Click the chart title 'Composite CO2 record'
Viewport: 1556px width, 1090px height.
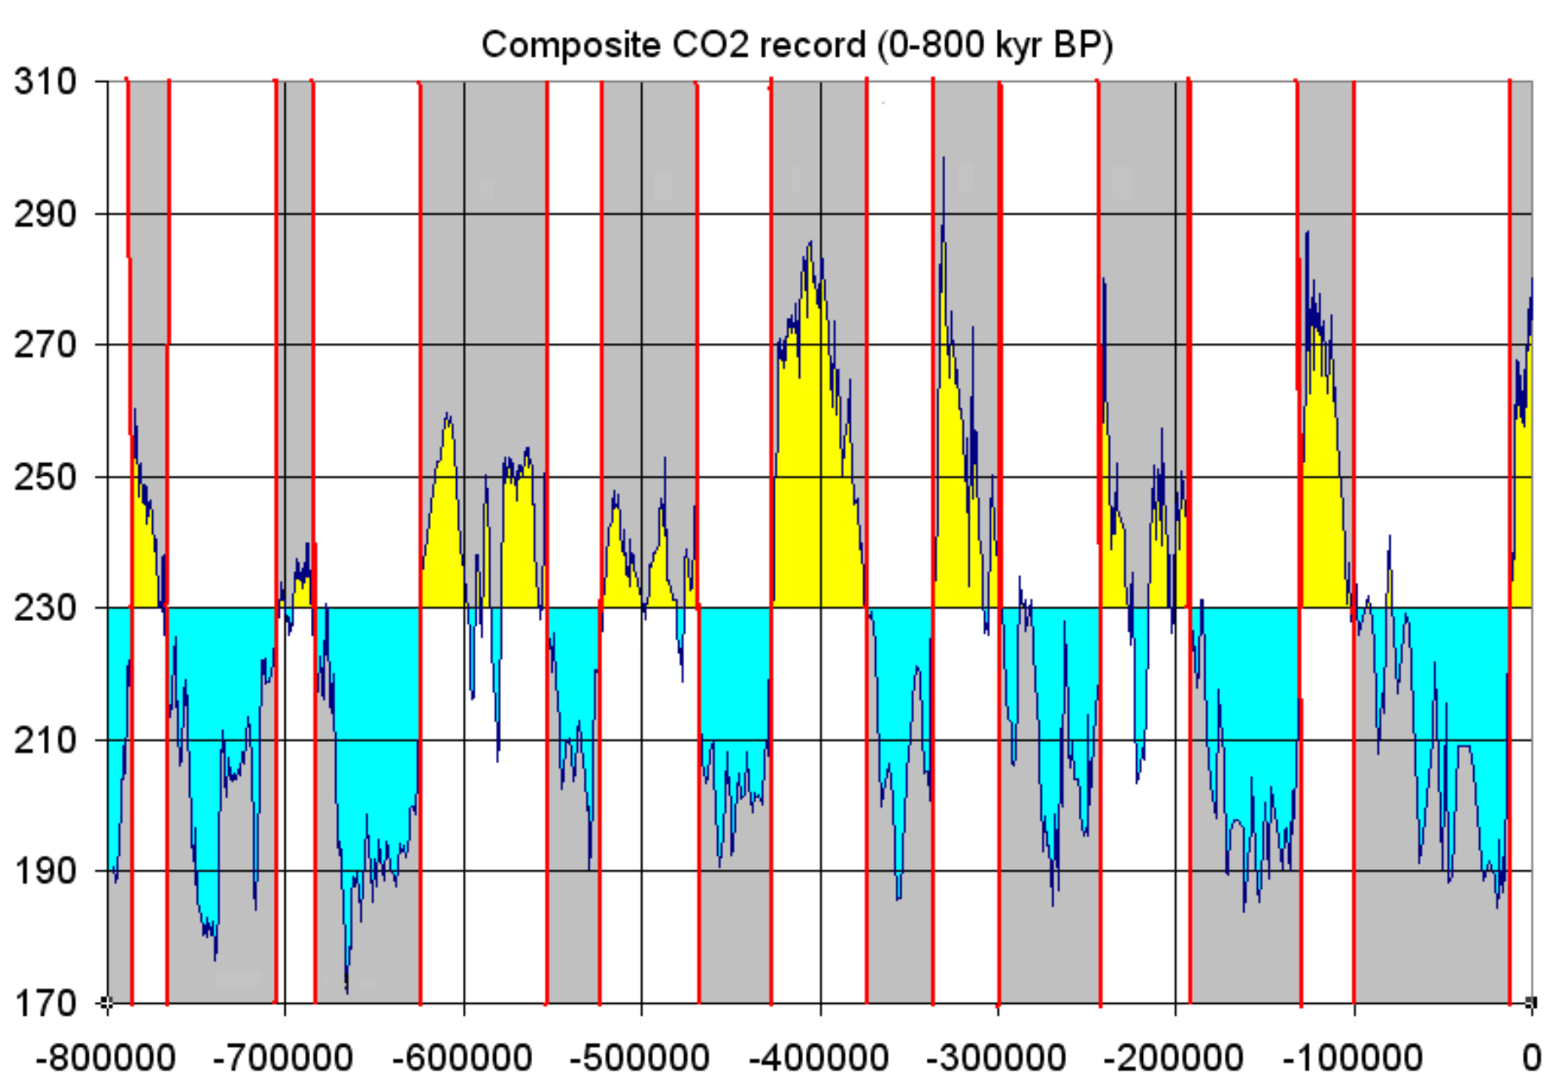coord(797,45)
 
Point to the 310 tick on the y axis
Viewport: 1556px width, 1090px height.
coord(46,82)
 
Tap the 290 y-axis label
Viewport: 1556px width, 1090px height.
coord(46,214)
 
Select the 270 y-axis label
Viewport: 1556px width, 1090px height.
coord(46,345)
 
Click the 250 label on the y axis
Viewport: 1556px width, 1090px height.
coord(46,477)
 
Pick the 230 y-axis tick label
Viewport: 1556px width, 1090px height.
coord(46,608)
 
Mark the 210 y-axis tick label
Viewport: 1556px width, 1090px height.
coord(46,740)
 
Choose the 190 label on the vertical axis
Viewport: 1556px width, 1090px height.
coord(46,871)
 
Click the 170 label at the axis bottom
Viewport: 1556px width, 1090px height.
coord(46,1003)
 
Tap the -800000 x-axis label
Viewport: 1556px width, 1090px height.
coord(106,1058)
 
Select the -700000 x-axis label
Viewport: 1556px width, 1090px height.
coord(284,1058)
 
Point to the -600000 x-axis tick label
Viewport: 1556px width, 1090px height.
coord(462,1058)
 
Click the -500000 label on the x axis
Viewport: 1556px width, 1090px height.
coord(640,1058)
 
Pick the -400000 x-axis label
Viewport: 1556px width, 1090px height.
coord(819,1058)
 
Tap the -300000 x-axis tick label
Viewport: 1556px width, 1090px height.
coord(997,1058)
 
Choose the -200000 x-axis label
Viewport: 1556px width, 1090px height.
coord(1175,1058)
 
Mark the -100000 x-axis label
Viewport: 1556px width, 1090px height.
coord(1353,1058)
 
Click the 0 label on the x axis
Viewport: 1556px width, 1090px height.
coord(1531,1058)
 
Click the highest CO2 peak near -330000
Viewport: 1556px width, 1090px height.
coord(944,158)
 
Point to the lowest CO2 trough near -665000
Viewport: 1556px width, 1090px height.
coord(346,989)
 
